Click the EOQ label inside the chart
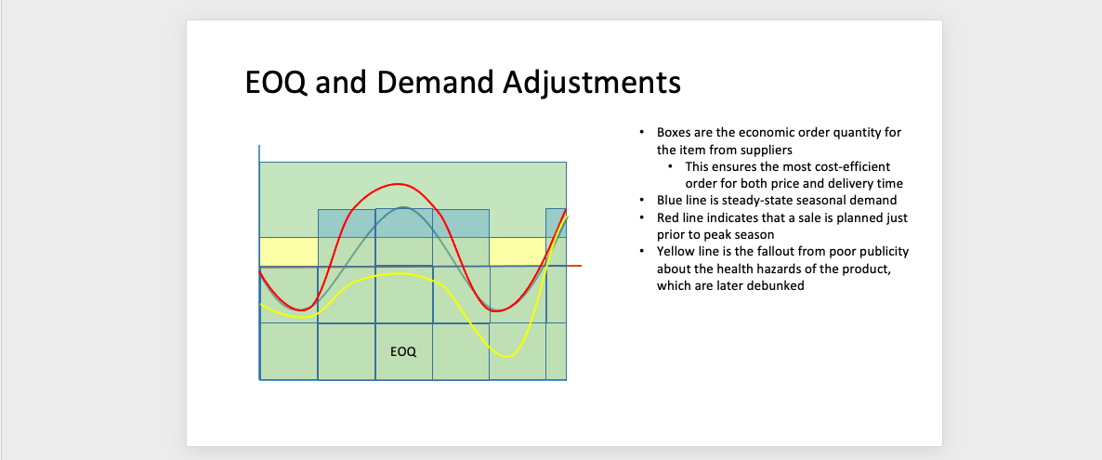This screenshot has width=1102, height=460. [403, 351]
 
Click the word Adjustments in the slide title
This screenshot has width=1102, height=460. [592, 83]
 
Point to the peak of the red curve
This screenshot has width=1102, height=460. [399, 184]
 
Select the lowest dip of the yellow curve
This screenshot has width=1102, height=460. [507, 356]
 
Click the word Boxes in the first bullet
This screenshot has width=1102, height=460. [673, 132]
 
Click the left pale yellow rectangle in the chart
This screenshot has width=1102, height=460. [289, 252]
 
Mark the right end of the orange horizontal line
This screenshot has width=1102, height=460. [582, 265]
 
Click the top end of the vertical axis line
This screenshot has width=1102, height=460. [259, 146]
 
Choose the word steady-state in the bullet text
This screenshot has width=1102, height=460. [752, 200]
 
